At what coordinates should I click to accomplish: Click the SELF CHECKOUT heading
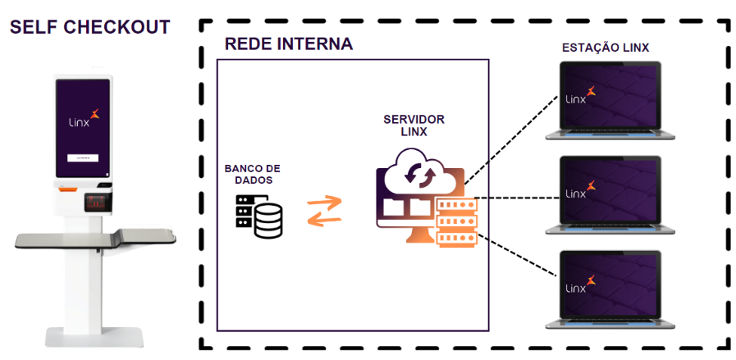click(89, 27)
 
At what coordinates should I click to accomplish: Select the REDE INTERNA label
click(289, 44)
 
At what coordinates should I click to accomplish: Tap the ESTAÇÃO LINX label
click(606, 48)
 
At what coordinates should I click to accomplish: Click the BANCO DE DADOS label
click(253, 174)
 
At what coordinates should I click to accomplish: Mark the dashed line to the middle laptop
click(517, 197)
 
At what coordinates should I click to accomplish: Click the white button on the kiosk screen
click(82, 157)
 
